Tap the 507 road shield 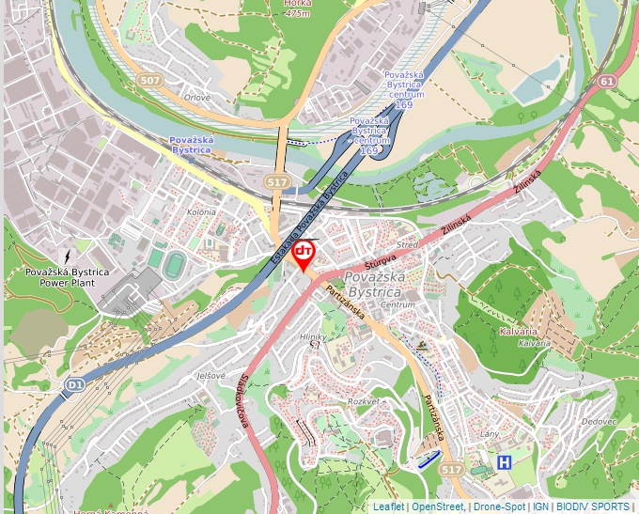point(149,81)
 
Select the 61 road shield point(607,82)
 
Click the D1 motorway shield point(74,384)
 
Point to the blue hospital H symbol point(505,462)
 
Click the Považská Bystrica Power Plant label point(67,277)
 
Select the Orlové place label point(196,97)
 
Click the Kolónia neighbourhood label point(201,212)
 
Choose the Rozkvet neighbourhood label point(363,401)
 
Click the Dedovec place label point(599,421)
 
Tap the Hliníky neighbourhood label point(312,336)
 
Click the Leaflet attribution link point(388,506)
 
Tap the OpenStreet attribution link point(438,506)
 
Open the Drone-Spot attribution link point(499,506)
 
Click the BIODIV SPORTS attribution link point(592,506)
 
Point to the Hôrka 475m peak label point(297,8)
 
